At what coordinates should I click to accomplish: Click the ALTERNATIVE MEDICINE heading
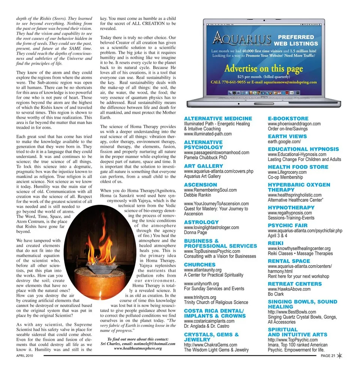click(x=218, y=119)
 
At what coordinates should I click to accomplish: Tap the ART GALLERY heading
click(x=203, y=166)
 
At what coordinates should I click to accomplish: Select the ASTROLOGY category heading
click(x=201, y=222)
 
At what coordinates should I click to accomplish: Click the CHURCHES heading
click(x=200, y=264)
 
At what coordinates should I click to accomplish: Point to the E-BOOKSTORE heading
click(x=288, y=119)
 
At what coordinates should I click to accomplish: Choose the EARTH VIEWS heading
click(x=287, y=136)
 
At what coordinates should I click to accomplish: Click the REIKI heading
click(x=276, y=243)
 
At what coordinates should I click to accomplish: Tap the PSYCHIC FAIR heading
click(x=288, y=225)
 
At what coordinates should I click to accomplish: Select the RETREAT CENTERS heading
click(x=295, y=284)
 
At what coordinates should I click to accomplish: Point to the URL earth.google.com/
click(x=284, y=142)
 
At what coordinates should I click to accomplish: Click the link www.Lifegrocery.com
click(x=287, y=172)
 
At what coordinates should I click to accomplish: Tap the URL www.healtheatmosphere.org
click(x=138, y=348)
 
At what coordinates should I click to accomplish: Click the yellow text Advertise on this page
click(x=264, y=69)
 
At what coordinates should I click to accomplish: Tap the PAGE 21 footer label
click(x=328, y=356)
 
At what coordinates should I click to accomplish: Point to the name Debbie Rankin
click(x=197, y=195)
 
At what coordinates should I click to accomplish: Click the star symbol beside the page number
click(x=340, y=356)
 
